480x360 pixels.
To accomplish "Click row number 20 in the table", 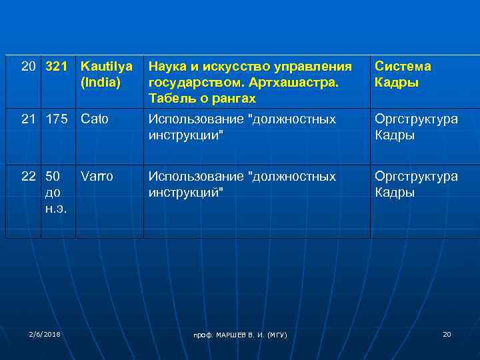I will click(x=29, y=67).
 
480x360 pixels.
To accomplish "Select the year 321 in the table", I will click(x=57, y=67).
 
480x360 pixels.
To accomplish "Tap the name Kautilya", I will click(x=106, y=67).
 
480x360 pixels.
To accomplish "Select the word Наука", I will click(x=167, y=67).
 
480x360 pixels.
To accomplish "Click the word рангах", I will click(x=233, y=99).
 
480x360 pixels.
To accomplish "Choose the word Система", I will click(x=403, y=67).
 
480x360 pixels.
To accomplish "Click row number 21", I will click(x=29, y=119).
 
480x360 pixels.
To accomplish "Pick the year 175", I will click(x=57, y=119).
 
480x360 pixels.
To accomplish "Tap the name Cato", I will click(x=94, y=119).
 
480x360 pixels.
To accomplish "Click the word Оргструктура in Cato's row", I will click(x=416, y=119).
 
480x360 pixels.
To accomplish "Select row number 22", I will click(x=29, y=177).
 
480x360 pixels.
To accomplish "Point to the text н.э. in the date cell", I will click(x=56, y=209).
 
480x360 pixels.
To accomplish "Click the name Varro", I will click(x=97, y=177).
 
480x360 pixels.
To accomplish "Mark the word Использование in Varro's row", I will click(x=195, y=177).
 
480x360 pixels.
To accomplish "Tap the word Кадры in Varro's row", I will click(x=395, y=193).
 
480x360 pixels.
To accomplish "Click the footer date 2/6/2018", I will click(x=45, y=333).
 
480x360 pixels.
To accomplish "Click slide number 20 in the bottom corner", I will click(x=447, y=333).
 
